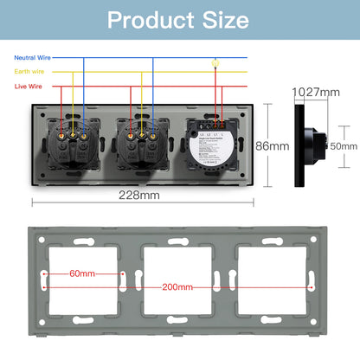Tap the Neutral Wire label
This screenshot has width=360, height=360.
pos(32,58)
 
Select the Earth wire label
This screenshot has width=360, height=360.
pos(29,72)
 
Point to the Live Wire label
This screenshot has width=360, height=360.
pos(29,86)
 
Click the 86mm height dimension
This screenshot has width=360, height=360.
pos(277,146)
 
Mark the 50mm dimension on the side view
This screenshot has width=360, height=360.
pos(342,146)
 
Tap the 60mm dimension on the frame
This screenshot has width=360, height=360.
pos(84,273)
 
